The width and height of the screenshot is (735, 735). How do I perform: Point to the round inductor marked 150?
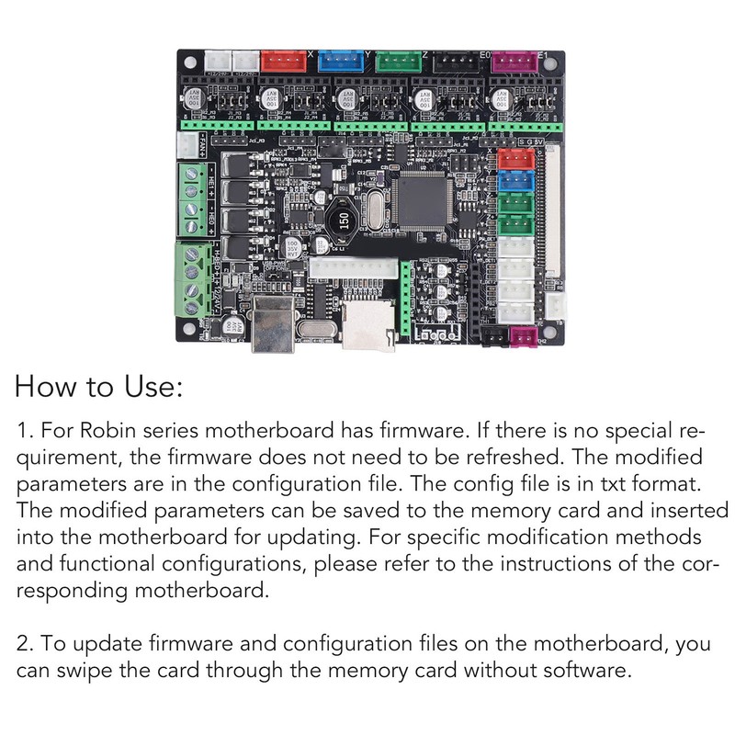(344, 220)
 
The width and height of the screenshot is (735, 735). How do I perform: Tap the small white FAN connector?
(187, 144)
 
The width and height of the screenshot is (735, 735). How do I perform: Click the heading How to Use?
(100, 386)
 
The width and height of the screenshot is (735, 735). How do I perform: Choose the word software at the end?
(585, 670)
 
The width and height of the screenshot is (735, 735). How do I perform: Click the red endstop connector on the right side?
(514, 159)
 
